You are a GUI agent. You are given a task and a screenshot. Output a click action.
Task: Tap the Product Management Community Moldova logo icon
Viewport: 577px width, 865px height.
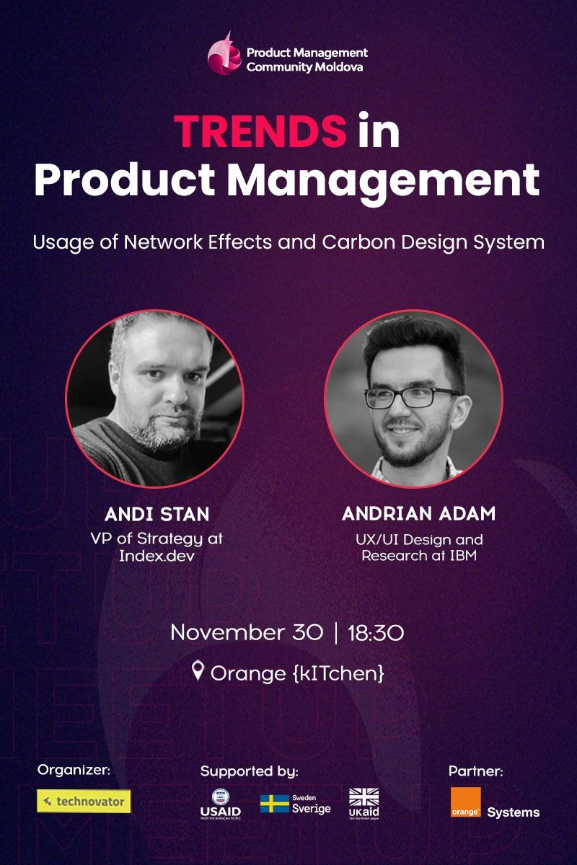pyautogui.click(x=224, y=54)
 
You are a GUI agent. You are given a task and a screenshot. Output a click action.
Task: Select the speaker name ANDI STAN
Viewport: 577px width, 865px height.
pyautogui.click(x=157, y=514)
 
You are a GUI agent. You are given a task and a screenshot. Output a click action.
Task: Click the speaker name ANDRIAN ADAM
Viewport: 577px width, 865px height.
pyautogui.click(x=418, y=514)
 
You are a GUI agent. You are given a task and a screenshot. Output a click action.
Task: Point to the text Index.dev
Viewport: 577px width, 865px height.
pyautogui.click(x=157, y=555)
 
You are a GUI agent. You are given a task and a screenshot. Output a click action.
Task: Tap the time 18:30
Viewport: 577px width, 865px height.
pyautogui.click(x=375, y=633)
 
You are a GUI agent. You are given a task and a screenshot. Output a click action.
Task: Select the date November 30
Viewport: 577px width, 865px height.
pyautogui.click(x=246, y=633)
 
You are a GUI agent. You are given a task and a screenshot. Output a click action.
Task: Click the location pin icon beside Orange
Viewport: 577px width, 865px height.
pyautogui.click(x=198, y=672)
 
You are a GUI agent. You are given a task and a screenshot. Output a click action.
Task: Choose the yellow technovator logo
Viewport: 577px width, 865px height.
pyautogui.click(x=84, y=801)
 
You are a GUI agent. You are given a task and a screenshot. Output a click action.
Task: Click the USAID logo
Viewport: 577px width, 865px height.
pyautogui.click(x=220, y=803)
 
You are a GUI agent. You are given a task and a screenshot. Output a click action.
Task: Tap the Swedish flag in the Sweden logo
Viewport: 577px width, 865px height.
pyautogui.click(x=274, y=804)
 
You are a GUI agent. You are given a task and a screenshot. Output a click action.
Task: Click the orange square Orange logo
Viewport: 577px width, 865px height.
pyautogui.click(x=465, y=802)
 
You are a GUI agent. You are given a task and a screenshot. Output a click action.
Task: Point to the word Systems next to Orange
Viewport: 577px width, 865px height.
pyautogui.click(x=513, y=812)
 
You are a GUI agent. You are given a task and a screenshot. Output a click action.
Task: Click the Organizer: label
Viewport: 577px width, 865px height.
pyautogui.click(x=74, y=770)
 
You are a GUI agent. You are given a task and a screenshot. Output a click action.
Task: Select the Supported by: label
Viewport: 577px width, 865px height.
pyautogui.click(x=249, y=771)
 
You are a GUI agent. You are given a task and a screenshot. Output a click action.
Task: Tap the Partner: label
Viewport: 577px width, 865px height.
pyautogui.click(x=475, y=771)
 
